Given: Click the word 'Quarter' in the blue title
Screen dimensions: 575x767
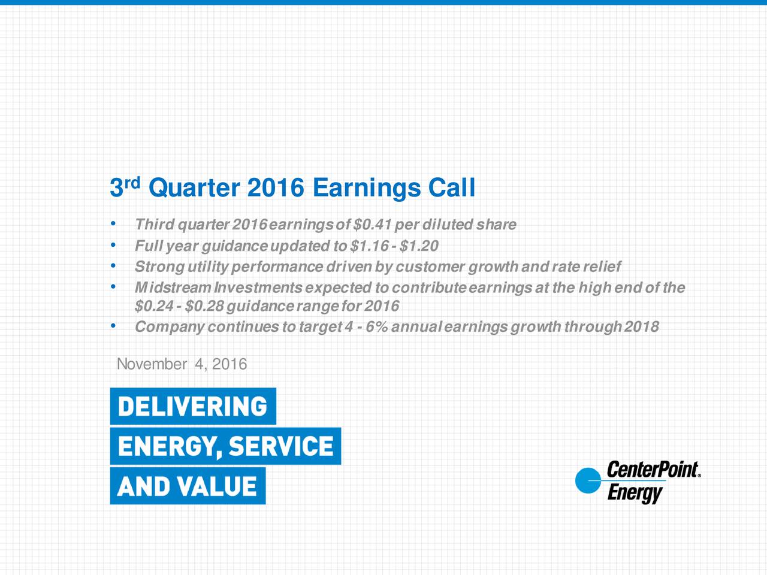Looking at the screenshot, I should (193, 188).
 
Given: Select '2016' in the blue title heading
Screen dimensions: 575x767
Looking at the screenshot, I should (275, 188).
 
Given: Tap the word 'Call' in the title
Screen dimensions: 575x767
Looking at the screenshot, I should (451, 188).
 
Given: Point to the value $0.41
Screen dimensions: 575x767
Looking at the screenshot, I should (373, 225).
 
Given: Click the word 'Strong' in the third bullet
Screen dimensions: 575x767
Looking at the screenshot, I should (159, 267).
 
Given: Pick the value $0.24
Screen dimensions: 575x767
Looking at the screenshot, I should (153, 307).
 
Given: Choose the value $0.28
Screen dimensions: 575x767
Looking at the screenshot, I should (204, 307).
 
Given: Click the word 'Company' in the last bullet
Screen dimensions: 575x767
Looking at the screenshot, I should (170, 327).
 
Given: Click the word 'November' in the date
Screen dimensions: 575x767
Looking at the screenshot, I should (152, 364).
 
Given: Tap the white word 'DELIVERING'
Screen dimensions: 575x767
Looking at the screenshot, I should (192, 407).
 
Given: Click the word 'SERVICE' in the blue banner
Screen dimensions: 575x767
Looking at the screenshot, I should (281, 446).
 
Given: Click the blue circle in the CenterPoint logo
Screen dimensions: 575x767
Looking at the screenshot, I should (588, 481).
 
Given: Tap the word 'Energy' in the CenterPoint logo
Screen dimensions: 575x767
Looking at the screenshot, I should (635, 494).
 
